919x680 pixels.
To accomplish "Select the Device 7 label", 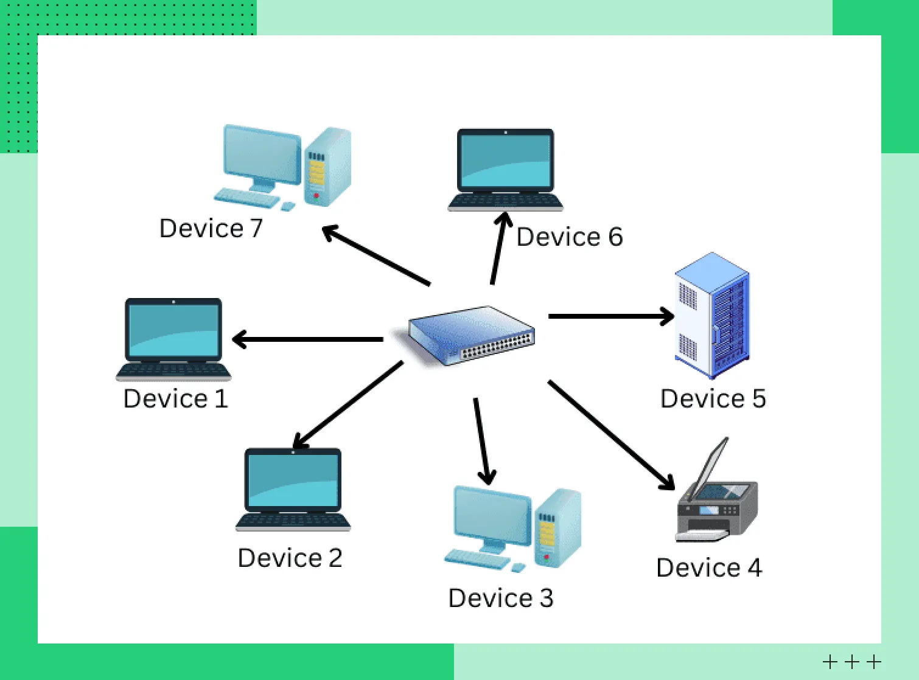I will click(x=211, y=229).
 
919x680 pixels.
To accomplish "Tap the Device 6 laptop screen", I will click(x=506, y=161).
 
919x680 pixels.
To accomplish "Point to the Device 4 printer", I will click(x=718, y=505).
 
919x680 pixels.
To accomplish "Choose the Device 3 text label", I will click(x=500, y=598).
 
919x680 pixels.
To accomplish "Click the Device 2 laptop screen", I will click(x=293, y=481).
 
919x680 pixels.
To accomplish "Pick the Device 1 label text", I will click(x=175, y=399).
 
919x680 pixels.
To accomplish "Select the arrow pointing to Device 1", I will click(x=307, y=339).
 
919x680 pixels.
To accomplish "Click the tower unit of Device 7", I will click(x=327, y=167).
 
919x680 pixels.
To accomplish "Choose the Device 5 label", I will click(x=713, y=399).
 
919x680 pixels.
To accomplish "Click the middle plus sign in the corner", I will click(x=852, y=661).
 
